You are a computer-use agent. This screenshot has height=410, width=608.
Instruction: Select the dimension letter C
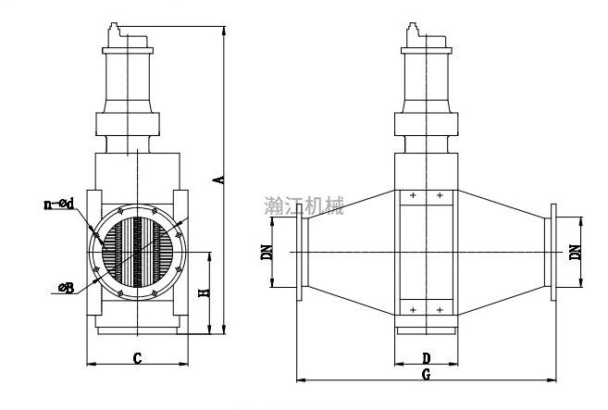(137, 357)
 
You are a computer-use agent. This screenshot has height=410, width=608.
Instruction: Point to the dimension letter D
(426, 357)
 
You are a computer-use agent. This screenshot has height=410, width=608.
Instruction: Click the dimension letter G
(426, 374)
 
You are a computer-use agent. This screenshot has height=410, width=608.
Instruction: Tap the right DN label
(576, 252)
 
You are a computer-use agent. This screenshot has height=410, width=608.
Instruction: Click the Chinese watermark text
(304, 204)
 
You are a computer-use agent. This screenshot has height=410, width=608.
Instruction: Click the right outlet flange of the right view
(553, 252)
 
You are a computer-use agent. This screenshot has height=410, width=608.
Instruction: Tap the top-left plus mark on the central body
(413, 196)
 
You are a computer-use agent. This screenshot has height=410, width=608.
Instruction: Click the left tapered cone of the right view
(350, 252)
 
